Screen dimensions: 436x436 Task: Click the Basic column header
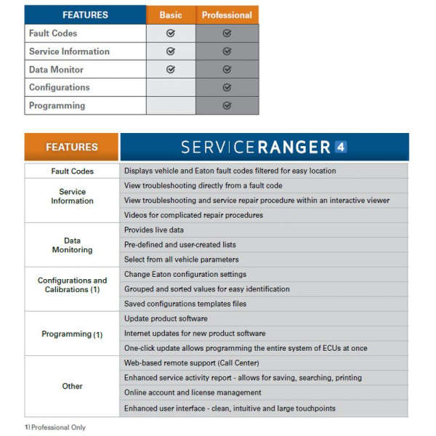[171, 15]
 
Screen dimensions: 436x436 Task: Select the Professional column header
[227, 15]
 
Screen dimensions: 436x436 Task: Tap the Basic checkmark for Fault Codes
[171, 33]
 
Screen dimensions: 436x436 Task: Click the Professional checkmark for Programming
[227, 105]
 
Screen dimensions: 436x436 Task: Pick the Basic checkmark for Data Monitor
[171, 70]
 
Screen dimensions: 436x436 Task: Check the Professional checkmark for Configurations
[227, 87]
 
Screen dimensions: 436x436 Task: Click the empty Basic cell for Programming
[171, 105]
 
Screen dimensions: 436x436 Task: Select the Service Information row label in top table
[69, 52]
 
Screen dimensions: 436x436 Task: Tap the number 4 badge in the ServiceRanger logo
[341, 147]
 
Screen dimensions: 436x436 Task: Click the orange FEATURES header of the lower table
[71, 147]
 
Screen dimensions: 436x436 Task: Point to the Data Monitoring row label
[72, 245]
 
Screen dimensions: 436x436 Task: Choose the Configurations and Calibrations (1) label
[72, 285]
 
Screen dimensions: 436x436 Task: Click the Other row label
[72, 386]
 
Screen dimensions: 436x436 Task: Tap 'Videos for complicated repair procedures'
[193, 215]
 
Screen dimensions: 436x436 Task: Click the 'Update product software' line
[166, 319]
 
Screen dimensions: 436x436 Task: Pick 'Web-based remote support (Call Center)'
[192, 363]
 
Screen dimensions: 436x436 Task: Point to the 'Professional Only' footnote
[57, 427]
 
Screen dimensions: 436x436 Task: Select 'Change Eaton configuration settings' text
[185, 274]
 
